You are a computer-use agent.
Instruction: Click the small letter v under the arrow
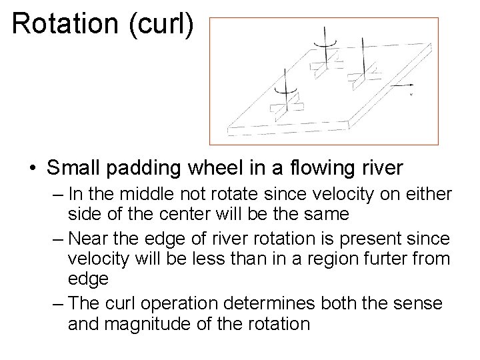pyautogui.click(x=411, y=95)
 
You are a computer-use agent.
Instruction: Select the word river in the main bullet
pyautogui.click(x=380, y=169)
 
